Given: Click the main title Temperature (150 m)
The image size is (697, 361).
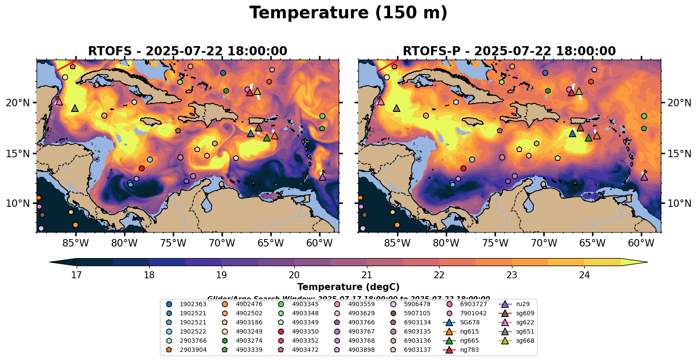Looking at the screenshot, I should coord(348,13).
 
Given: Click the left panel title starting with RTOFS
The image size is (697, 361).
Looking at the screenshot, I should coord(188,51).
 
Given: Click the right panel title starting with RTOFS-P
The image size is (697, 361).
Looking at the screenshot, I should coord(509,51).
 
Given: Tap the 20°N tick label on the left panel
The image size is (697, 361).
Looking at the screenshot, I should coord(18,103).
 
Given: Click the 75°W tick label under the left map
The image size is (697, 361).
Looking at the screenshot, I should coord(173,243).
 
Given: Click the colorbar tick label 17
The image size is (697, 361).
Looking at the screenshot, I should coord(77,275).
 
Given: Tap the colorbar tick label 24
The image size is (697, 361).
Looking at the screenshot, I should coord(584,275).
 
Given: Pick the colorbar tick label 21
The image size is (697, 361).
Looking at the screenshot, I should coord(367,275).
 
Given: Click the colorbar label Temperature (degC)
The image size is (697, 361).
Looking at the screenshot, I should coord(348,287).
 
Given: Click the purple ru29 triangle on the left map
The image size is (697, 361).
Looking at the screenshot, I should coord(323,177).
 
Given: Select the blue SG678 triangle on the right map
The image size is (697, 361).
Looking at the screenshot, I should coord(572,133).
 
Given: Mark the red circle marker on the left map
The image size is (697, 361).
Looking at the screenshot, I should coord(141,169).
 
